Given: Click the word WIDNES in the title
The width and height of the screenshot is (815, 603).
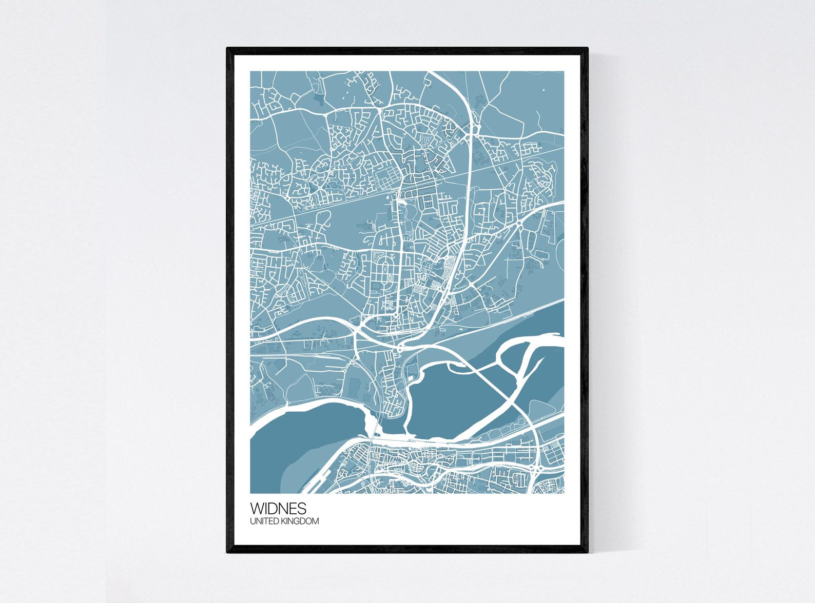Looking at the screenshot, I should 278,508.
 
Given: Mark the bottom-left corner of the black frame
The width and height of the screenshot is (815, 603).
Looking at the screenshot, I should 227,552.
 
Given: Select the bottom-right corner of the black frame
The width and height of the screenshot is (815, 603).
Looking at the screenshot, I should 587,552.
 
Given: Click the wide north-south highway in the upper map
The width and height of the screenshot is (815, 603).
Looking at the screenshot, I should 469,169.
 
